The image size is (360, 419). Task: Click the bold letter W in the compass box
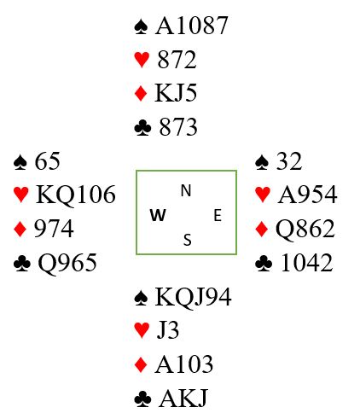pyautogui.click(x=158, y=215)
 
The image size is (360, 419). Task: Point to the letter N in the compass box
pyautogui.click(x=186, y=190)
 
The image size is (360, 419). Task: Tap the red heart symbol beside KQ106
pyautogui.click(x=20, y=195)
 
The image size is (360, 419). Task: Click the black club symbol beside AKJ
pyautogui.click(x=142, y=399)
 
